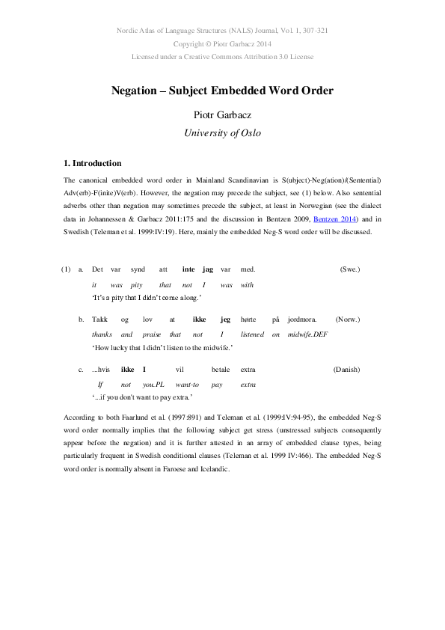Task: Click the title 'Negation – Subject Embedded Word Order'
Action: click(222, 91)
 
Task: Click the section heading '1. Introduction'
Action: click(93, 163)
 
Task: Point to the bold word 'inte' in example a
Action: click(188, 269)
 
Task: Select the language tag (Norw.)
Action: click(349, 319)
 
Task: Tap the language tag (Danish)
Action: click(347, 370)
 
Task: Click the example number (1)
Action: click(66, 269)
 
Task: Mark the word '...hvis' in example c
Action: click(101, 370)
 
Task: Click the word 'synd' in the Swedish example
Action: click(138, 269)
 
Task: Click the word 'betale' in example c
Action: click(221, 370)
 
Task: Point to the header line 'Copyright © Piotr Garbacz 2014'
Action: click(222, 43)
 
